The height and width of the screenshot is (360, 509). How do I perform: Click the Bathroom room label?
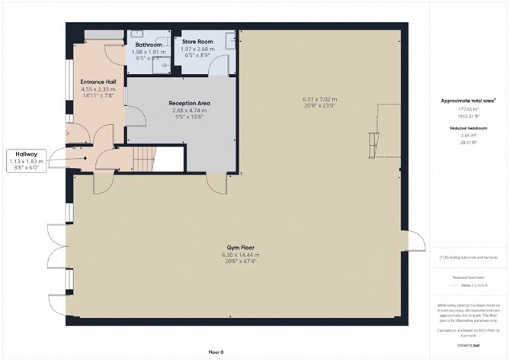tap(148, 45)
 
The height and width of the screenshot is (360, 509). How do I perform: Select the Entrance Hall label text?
tap(98, 81)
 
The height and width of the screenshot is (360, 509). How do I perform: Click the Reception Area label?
tap(189, 103)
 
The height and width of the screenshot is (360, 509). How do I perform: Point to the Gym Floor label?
tap(237, 247)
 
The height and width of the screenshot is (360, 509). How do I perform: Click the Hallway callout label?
tap(27, 153)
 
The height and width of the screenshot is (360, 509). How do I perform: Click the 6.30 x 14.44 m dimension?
tap(237, 254)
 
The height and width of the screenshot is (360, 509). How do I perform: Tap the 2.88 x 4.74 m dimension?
tap(189, 111)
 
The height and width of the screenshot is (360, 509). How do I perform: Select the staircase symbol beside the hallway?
tap(144, 159)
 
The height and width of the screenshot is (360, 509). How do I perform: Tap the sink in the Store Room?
tap(231, 43)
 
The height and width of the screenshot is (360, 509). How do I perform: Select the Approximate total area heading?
tap(468, 101)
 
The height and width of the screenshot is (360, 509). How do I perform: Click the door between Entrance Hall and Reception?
tap(135, 116)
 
